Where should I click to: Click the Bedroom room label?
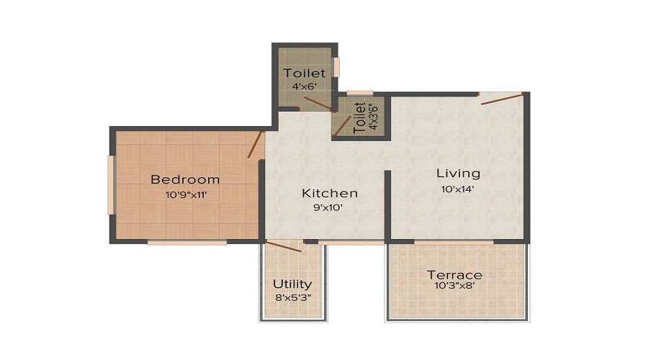185,179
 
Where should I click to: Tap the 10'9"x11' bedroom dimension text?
185,194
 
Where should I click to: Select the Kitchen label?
329,193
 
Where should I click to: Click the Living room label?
458,174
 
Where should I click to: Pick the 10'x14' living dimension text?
458,189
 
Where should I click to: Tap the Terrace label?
454,275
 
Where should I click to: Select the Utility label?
292,284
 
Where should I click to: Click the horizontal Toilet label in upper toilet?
304,73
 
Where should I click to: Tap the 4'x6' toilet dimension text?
304,86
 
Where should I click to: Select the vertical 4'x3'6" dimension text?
372,117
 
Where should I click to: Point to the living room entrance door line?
502,99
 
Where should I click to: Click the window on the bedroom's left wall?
110,185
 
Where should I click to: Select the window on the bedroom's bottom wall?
187,243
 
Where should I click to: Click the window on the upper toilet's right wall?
336,67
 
